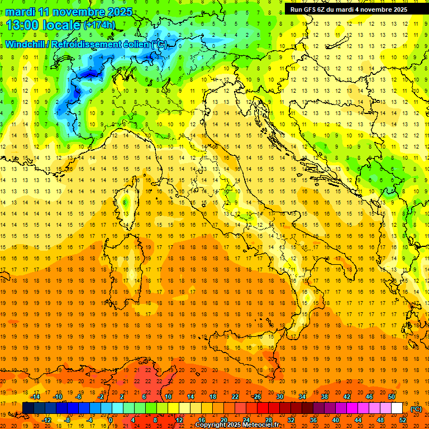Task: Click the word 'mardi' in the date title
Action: tap(20, 11)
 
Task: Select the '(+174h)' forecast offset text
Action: tap(99, 25)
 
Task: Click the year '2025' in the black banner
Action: tap(397, 9)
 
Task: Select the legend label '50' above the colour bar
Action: tap(392, 396)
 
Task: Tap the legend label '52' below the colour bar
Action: tap(403, 420)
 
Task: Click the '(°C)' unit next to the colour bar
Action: tap(416, 408)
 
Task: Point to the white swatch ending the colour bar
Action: tap(397, 408)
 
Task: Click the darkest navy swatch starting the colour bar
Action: tap(28, 408)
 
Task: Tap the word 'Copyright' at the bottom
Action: tap(211, 425)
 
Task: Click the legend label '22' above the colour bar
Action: tap(235, 396)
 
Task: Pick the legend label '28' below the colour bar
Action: tap(269, 420)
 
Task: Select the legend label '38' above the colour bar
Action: tap(325, 396)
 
